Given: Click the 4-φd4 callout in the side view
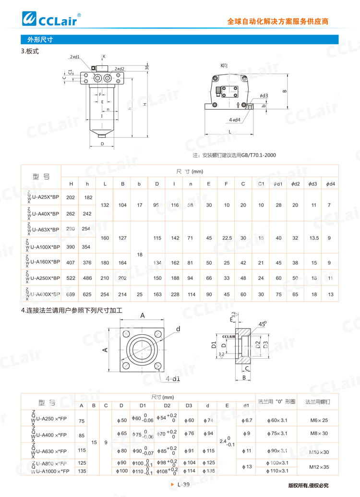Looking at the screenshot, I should (x=235, y=120).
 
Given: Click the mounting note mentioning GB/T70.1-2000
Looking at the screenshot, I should (x=234, y=155).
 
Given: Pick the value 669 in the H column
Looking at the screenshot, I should (x=71, y=294).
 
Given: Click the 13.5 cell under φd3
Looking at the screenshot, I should (x=314, y=238).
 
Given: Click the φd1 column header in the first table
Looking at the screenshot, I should (x=278, y=184).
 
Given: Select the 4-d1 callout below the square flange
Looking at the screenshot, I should (x=173, y=379).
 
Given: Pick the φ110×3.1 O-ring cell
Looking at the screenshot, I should (x=280, y=471).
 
